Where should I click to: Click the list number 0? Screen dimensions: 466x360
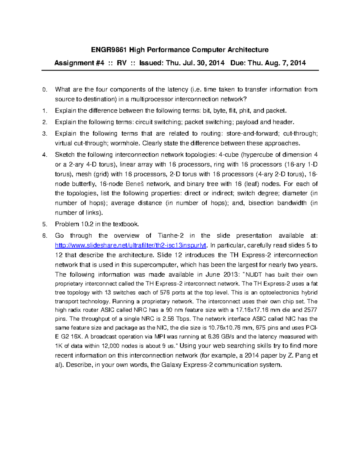coord(44,90)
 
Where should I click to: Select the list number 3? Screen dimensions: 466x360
coord(44,134)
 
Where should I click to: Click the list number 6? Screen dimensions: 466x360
coord(44,236)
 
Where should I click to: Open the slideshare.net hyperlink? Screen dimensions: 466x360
coord(131,246)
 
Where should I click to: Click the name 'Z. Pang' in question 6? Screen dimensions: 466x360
coord(300,356)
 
